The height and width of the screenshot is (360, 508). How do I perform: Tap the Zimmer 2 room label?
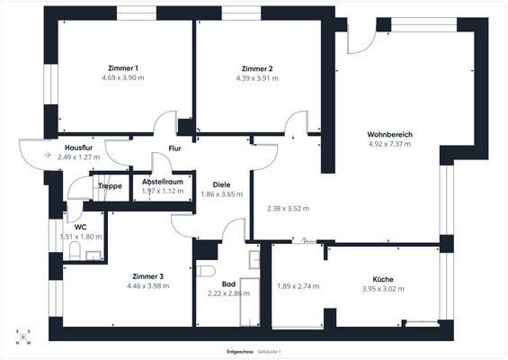[257, 68]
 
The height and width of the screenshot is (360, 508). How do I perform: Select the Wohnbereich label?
[389, 134]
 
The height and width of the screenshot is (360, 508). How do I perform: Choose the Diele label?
[220, 184]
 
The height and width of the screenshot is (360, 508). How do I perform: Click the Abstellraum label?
[163, 181]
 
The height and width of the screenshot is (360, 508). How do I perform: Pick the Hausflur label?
[80, 148]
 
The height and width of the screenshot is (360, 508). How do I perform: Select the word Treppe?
[111, 186]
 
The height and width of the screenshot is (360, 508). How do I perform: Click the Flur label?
[175, 148]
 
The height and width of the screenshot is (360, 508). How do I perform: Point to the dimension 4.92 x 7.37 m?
[389, 144]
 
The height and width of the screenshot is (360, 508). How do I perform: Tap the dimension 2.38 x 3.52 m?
[288, 209]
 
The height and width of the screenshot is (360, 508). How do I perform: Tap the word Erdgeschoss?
[238, 350]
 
